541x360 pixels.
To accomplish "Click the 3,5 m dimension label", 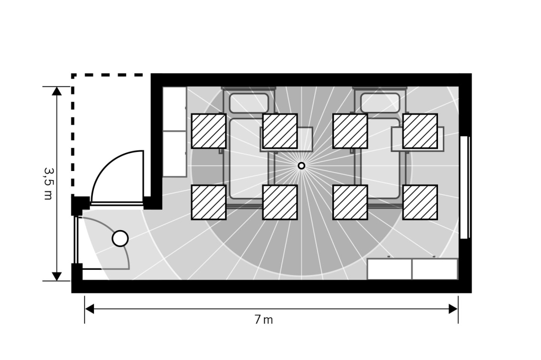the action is [x=49, y=184].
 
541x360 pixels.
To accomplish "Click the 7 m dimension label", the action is [x=264, y=320].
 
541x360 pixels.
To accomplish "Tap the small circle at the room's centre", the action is [x=301, y=166].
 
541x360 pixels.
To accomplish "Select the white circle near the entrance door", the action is [x=120, y=239].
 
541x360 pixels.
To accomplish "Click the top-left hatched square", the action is [x=209, y=131].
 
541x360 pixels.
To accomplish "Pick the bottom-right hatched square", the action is [x=420, y=202].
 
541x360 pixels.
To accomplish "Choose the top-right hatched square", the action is [x=420, y=131].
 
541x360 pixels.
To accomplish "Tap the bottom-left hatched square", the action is [x=209, y=202].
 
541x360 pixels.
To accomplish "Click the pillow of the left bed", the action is [x=249, y=103].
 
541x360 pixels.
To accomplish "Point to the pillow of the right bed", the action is [x=380, y=103].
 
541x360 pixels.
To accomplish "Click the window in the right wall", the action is [x=465, y=187].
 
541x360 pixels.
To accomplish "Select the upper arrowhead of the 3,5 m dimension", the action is [x=57, y=91].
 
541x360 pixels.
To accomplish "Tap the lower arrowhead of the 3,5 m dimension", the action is [x=57, y=277].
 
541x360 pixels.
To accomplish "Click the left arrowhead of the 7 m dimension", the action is [x=89, y=309].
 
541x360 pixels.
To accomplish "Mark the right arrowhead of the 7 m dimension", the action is [x=453, y=309].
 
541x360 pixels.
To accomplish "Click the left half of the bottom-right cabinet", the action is [x=389, y=269].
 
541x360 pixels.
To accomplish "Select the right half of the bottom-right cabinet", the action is [x=435, y=269].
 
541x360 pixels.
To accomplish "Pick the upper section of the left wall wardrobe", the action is [x=174, y=109].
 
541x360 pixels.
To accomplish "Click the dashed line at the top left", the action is [x=73, y=131].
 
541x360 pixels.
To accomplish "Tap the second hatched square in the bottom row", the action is [x=280, y=202].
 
